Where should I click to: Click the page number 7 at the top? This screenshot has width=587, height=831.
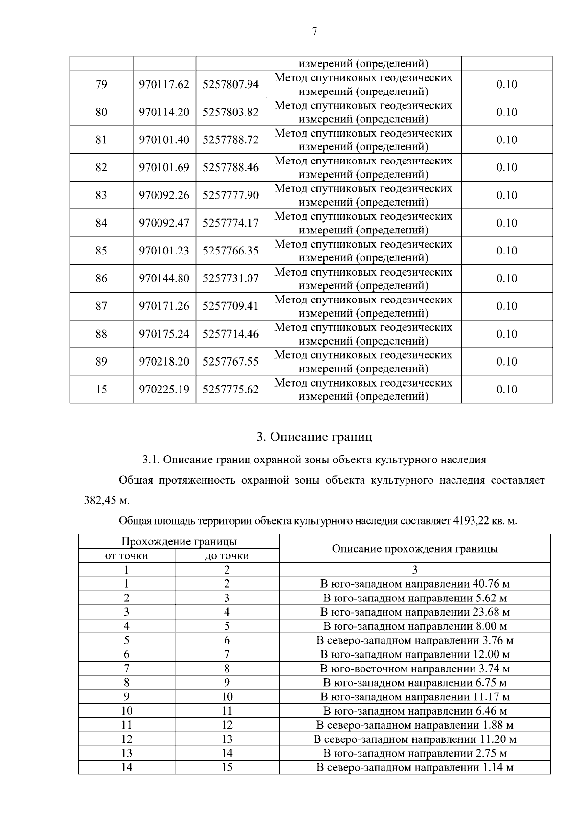314,32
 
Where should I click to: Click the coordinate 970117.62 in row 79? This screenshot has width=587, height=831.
164,85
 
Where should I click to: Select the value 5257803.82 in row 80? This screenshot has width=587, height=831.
230,112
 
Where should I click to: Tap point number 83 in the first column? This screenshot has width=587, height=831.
101,195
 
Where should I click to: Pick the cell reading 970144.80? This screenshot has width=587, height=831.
164,278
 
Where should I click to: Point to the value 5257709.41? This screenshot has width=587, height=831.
230,306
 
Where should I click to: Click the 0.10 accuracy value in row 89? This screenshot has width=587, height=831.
506,362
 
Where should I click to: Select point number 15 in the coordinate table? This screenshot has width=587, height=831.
101,390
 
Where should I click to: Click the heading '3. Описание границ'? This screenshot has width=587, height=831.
314,437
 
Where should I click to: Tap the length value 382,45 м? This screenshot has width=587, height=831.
106,500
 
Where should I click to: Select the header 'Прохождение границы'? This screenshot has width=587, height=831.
179,541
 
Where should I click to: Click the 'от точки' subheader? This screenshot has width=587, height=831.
126,556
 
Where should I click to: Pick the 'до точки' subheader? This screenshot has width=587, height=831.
226,556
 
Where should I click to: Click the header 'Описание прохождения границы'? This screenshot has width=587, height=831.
414,549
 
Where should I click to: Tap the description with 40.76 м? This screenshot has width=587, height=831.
414,584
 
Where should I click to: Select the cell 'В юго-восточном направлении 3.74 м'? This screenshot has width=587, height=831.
414,669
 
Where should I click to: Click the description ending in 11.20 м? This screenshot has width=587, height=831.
414,739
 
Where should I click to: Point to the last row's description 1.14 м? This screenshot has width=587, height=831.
414,767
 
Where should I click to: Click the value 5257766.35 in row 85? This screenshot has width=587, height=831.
230,251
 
